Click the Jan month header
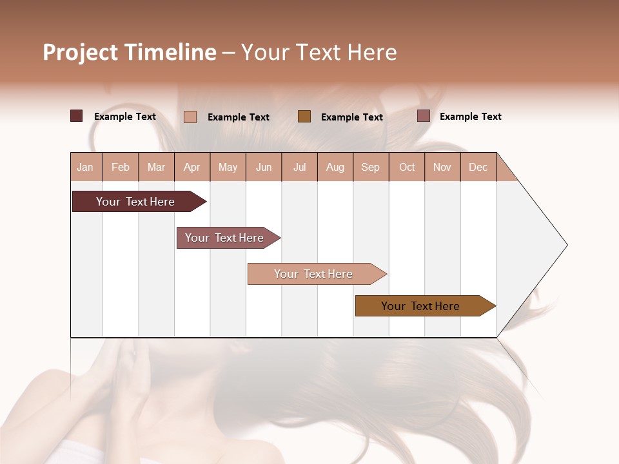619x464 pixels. point(86,167)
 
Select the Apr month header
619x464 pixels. point(192,167)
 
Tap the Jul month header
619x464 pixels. point(299,167)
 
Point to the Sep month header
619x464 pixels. point(371,167)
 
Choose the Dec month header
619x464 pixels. point(478,167)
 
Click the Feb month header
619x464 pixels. point(121,167)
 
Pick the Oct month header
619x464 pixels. point(407,167)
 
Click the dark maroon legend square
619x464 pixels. point(77,116)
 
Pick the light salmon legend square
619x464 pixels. point(190,117)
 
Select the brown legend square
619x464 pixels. point(304,116)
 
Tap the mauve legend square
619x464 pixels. point(424,116)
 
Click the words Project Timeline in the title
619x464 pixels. point(130,52)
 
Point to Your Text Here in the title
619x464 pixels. point(319,52)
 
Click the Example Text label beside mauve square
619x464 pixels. point(470,117)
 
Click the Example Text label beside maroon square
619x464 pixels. point(125,117)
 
